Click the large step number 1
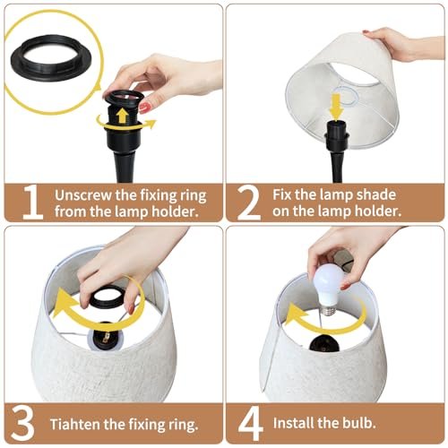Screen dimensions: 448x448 (33, 202)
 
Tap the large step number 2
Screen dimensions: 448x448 (248, 202)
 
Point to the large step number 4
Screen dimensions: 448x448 (251, 423)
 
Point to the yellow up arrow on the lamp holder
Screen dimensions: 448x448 (122, 116)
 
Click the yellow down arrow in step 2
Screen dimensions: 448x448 (336, 108)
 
